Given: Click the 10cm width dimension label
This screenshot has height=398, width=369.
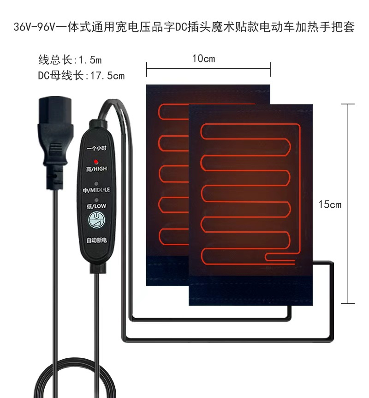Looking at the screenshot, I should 203,59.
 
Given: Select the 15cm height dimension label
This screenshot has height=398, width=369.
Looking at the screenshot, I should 330,204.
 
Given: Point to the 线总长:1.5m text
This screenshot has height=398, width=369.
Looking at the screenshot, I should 70,60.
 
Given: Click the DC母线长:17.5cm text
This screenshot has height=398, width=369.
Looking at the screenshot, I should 81,76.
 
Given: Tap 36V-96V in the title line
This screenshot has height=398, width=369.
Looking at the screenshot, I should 33,27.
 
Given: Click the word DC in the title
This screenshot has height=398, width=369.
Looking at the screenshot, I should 180,27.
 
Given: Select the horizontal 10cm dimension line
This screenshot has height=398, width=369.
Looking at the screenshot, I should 208,70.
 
